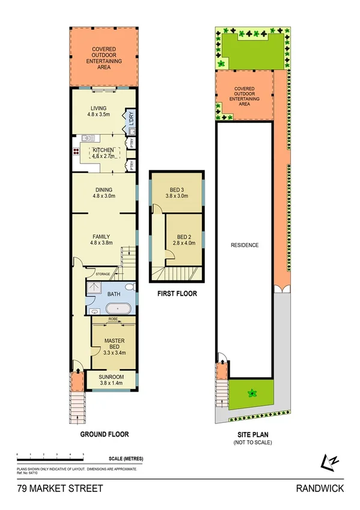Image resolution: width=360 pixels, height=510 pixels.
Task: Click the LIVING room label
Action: coord(99,108)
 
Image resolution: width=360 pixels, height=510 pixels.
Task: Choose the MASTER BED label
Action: coord(114,342)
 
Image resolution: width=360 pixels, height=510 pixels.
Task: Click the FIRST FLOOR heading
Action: coord(176,295)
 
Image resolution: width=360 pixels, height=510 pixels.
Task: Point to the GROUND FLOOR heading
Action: coord(105,433)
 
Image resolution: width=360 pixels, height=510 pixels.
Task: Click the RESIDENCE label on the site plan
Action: coord(246,245)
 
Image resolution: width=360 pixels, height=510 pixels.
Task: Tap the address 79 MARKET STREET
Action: coord(52,489)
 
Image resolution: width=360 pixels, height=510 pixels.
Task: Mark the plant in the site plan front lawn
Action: coord(251,393)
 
